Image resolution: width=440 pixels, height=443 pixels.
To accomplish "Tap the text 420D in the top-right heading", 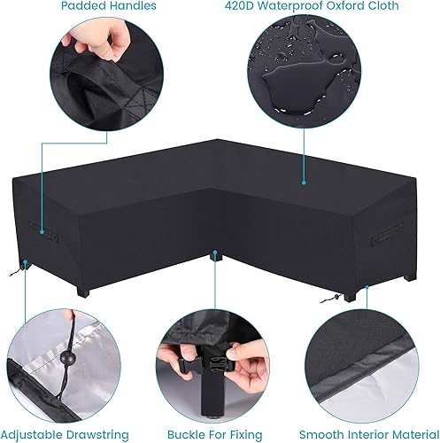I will click(x=264, y=7).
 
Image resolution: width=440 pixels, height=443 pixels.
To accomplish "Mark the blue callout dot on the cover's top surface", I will click(x=303, y=183).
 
